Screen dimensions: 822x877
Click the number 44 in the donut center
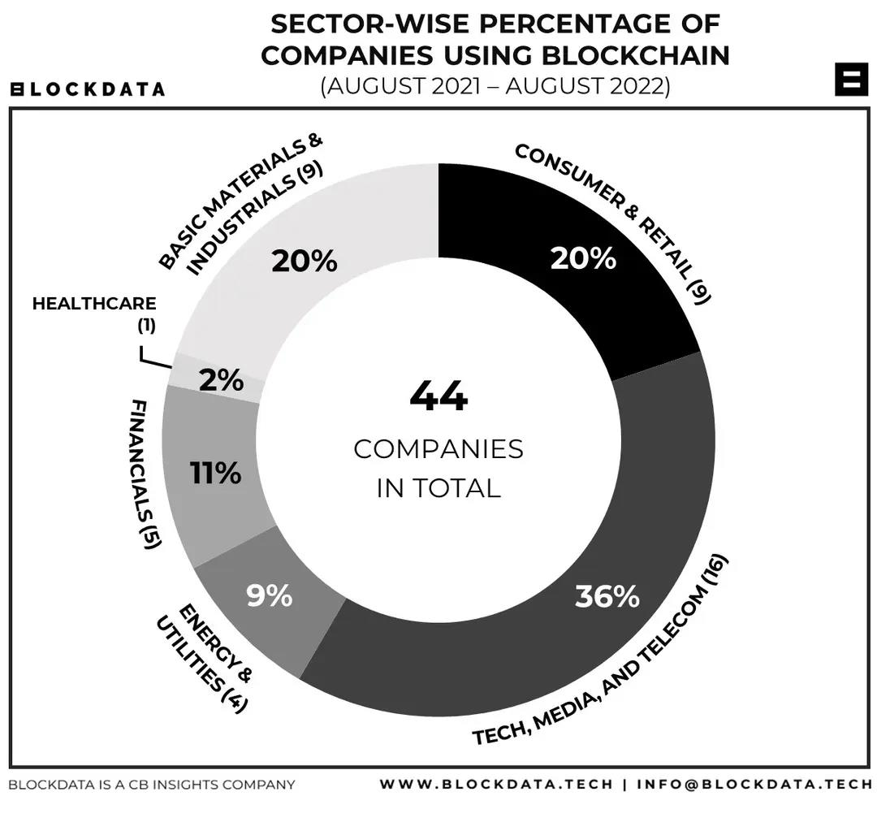coord(438,397)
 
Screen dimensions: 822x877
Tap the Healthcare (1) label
coord(94,313)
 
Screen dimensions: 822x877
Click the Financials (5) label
coord(142,473)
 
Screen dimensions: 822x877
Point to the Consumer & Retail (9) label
coord(614,223)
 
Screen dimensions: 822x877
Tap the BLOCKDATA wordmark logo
coord(87,89)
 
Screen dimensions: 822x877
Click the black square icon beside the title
coord(851,79)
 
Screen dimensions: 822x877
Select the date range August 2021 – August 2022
coord(495,86)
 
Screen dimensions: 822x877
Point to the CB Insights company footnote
coord(152,785)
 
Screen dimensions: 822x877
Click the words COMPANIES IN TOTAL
coord(438,468)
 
